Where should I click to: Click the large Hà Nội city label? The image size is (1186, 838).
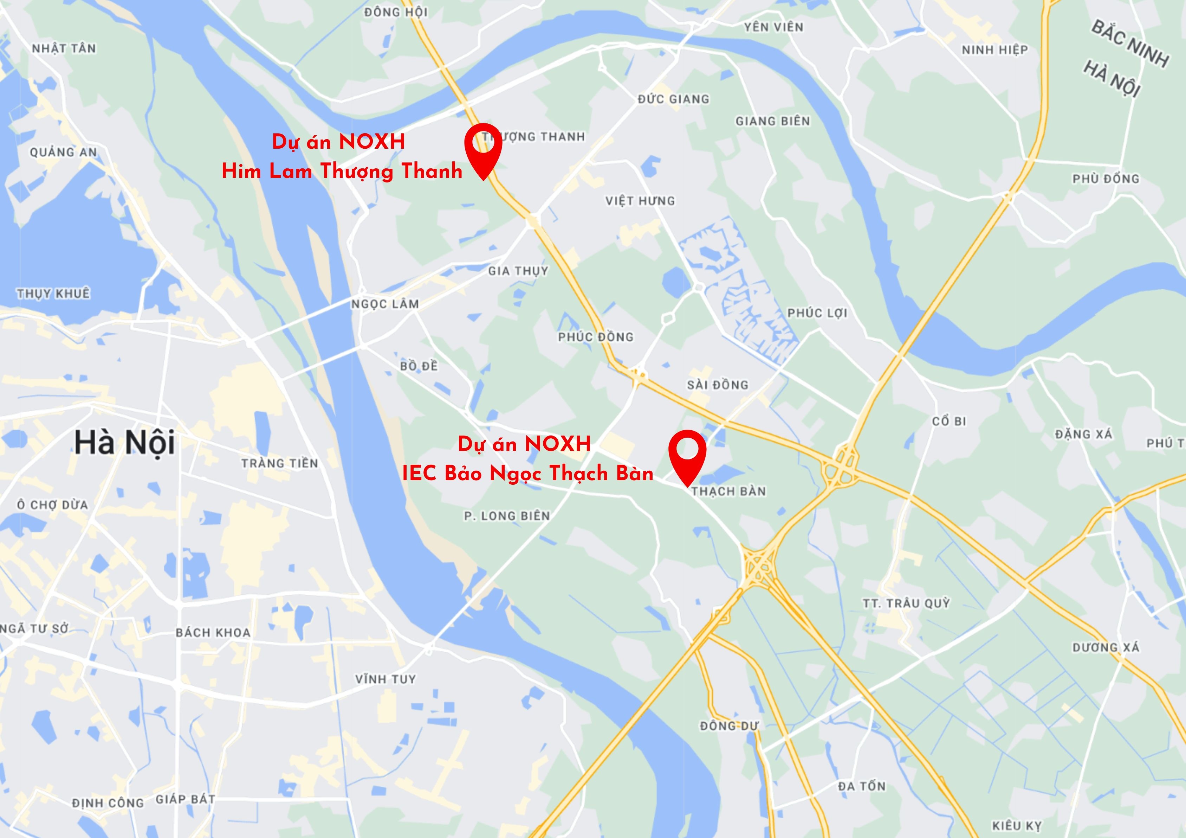(x=124, y=443)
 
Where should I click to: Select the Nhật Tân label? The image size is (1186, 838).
(x=64, y=49)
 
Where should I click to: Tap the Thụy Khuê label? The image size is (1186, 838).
(x=53, y=294)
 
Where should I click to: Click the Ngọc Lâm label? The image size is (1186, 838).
(x=385, y=304)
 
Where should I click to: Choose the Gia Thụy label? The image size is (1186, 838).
(x=518, y=271)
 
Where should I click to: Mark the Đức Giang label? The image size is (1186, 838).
(x=673, y=99)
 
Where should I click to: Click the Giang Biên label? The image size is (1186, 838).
(x=772, y=121)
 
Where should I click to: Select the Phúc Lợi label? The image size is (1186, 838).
(x=817, y=313)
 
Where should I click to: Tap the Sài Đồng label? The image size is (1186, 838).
(x=717, y=385)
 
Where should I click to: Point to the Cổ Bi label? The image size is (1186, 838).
(x=949, y=421)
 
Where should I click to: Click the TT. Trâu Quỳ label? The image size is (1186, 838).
(x=906, y=603)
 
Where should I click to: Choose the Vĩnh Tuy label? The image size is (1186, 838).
(x=385, y=679)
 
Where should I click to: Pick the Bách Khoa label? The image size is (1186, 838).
(x=213, y=632)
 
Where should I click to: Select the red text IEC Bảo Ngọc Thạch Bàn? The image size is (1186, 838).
(x=527, y=473)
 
